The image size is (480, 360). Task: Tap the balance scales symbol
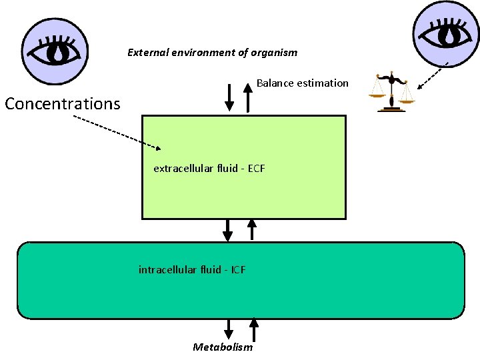coord(391,93)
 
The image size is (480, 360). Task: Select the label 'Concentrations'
coord(63,104)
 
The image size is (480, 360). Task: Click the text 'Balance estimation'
coord(303,83)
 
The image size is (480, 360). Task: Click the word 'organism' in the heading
coord(276,53)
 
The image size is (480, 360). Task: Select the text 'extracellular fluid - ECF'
coord(209,169)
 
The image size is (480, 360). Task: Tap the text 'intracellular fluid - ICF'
coord(192,270)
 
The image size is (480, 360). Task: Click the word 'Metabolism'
coord(223,347)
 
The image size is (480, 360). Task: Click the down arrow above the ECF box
coord(229,97)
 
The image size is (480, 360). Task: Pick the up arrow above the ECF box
coord(248,97)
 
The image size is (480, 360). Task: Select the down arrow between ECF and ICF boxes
coord(228,230)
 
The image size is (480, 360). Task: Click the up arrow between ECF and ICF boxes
coord(251,229)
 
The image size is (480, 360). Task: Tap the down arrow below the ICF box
coord(229,329)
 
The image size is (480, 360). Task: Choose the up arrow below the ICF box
coord(253,329)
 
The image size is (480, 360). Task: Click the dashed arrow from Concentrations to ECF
coord(117,132)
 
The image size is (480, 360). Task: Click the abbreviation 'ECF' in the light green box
coord(257,169)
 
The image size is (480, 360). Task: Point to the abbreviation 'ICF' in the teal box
coord(238,270)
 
